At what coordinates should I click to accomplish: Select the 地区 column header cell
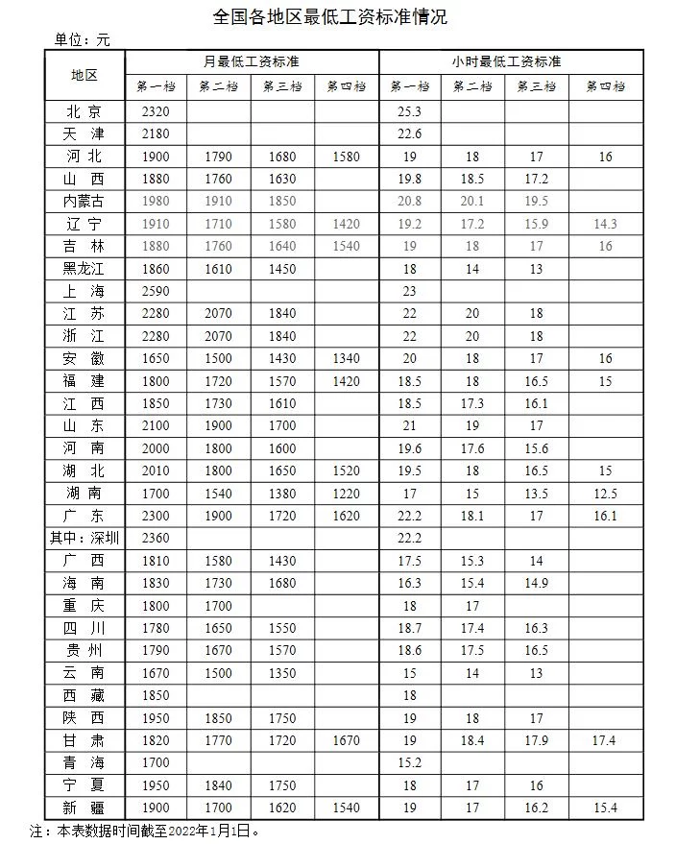84,74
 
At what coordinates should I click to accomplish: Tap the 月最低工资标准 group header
251,61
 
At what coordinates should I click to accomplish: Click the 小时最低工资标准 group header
506,61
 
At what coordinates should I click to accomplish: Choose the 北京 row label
84,111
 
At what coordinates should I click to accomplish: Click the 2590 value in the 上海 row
155,291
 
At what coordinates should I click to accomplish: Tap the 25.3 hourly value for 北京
410,111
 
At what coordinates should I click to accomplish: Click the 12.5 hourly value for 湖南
605,494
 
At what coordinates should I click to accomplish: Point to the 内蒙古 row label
84,201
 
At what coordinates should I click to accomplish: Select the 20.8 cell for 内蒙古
410,201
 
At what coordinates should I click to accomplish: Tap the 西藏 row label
84,695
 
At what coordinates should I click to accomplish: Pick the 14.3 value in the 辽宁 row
605,224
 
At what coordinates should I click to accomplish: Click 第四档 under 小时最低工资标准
605,86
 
